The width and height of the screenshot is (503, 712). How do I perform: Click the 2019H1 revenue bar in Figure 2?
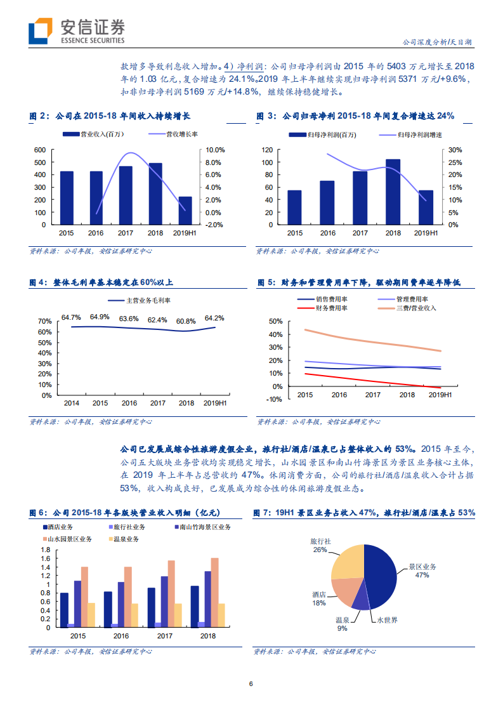[185, 210]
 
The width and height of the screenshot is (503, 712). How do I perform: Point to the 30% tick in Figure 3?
[455, 150]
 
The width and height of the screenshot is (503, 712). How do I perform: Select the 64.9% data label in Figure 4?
[100, 317]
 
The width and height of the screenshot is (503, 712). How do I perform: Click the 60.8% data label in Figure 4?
[186, 320]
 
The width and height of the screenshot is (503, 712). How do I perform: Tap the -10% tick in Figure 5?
[276, 399]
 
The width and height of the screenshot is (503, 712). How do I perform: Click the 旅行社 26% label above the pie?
[320, 546]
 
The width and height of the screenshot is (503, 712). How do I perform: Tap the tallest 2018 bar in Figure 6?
[214, 592]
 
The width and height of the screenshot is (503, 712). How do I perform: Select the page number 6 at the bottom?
[251, 683]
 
